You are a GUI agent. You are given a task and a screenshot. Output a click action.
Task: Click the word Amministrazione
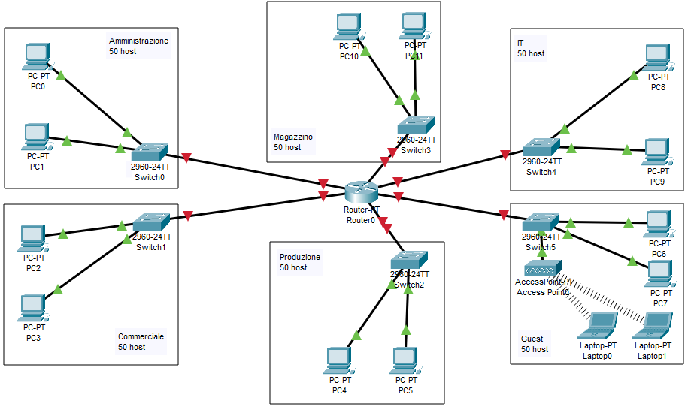click(138, 41)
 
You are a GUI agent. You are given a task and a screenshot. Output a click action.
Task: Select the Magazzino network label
click(293, 137)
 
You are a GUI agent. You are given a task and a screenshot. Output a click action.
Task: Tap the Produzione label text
click(299, 257)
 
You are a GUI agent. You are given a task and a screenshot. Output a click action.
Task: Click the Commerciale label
click(141, 336)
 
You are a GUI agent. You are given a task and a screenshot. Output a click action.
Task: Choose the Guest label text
click(532, 339)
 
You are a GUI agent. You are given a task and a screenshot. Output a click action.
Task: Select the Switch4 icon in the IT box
click(542, 147)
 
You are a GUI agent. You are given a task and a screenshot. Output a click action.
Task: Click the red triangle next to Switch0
click(186, 157)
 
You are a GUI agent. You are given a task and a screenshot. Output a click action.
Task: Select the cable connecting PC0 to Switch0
click(90, 102)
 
